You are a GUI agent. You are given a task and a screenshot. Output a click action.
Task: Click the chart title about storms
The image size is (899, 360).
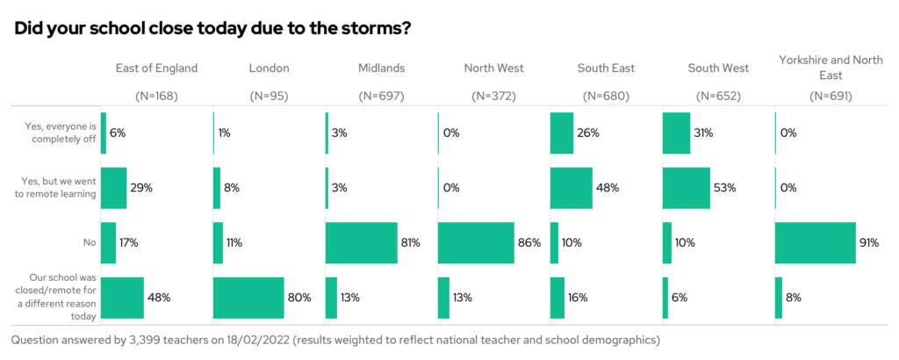[213, 28]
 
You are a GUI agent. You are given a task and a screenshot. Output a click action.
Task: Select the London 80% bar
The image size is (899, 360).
[248, 298]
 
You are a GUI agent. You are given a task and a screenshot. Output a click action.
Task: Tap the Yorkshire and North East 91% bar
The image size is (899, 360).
[815, 242]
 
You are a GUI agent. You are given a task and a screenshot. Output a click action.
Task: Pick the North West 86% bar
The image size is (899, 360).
[476, 242]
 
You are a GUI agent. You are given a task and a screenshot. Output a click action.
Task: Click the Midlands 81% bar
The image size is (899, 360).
[361, 242]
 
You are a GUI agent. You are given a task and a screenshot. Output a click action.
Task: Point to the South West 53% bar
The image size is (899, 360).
[686, 188]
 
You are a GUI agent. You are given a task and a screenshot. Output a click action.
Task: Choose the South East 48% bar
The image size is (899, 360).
[571, 188]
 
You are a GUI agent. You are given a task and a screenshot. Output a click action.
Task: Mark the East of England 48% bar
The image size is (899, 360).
[122, 298]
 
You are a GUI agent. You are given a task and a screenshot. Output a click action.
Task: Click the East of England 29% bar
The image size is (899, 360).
[114, 188]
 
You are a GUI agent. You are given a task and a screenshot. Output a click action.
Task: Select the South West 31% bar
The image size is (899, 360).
[676, 133]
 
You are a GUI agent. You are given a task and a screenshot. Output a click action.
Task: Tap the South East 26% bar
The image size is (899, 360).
[561, 133]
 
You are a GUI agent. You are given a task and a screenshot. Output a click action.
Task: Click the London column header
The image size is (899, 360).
[270, 68]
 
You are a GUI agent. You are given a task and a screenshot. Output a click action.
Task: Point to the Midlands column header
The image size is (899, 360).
[381, 68]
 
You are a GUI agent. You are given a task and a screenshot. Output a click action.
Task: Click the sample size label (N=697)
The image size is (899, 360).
[381, 96]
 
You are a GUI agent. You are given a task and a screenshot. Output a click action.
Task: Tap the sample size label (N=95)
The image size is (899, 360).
[270, 96]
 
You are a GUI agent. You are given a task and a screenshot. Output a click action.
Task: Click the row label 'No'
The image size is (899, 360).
[88, 242]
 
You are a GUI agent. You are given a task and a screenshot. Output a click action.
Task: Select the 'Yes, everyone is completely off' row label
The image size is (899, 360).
[60, 133]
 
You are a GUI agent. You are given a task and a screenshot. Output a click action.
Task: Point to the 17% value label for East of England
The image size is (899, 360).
[130, 242]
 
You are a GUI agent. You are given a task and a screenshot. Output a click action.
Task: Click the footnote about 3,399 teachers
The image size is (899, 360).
[334, 339]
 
